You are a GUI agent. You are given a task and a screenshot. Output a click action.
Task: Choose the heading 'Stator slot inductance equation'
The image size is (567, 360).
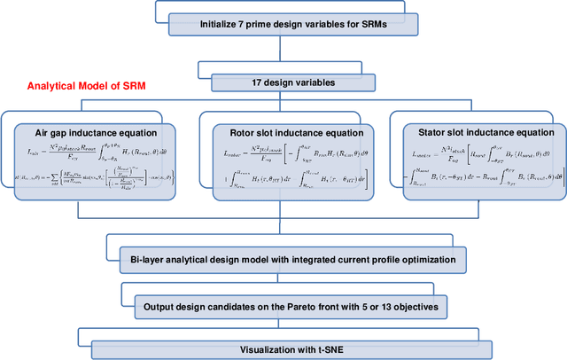[473, 130]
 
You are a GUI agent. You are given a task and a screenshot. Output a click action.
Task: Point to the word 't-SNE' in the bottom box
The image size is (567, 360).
[343, 348]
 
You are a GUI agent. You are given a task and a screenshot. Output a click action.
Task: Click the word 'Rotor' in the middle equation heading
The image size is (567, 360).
[234, 130]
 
